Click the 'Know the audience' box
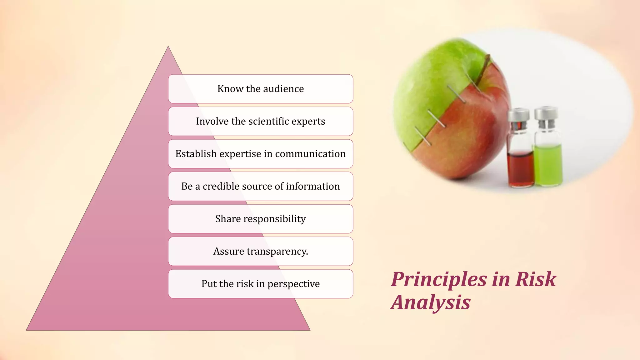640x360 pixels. tap(260, 89)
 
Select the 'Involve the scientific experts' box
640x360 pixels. tap(260, 121)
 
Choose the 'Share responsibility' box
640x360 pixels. tap(260, 219)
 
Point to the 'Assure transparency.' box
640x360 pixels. tap(260, 251)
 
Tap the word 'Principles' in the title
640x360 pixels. tap(439, 279)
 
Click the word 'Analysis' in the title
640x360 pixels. tap(431, 302)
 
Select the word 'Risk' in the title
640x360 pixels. tap(536, 279)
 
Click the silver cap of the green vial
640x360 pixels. tap(546, 113)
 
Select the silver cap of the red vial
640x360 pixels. tap(518, 115)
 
